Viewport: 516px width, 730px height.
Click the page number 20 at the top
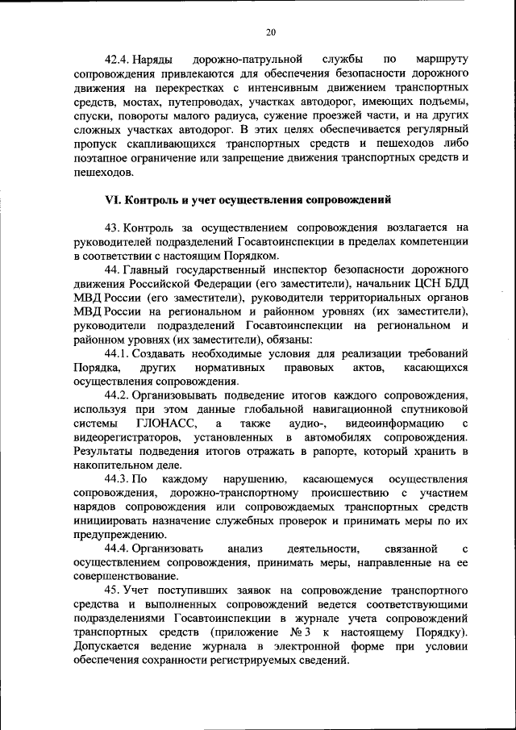(270, 31)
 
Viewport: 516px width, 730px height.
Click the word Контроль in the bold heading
(156, 199)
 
